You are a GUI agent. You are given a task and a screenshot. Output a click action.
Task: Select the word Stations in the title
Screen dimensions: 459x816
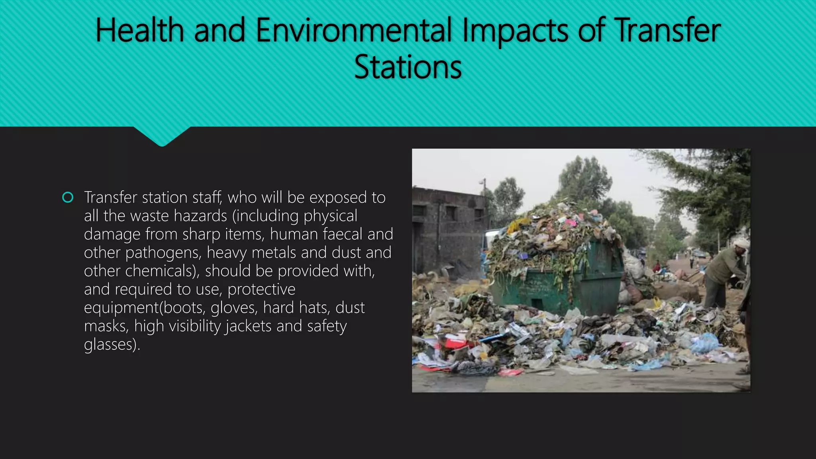pos(408,67)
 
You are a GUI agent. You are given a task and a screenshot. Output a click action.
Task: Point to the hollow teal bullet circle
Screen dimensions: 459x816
pos(68,198)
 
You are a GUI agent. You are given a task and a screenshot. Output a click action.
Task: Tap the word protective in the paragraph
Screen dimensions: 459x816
pos(261,290)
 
